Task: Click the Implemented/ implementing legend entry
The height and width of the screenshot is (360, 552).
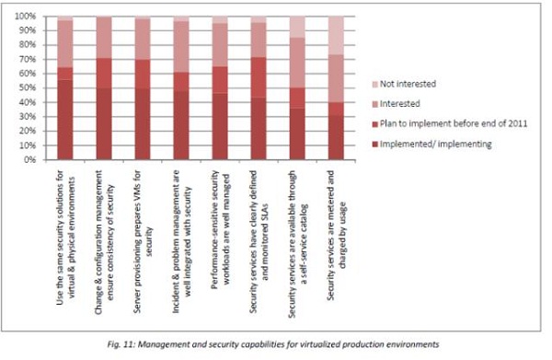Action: point(431,144)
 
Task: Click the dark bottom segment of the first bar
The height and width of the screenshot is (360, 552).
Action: point(65,120)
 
